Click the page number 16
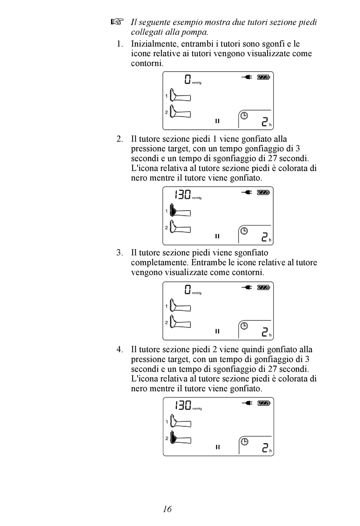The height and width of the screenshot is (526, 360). [x=167, y=509]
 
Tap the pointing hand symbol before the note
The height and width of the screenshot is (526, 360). [x=117, y=22]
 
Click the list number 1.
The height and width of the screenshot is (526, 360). [x=120, y=44]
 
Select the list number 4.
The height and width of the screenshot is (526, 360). [x=120, y=349]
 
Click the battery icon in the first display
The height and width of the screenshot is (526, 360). [x=263, y=77]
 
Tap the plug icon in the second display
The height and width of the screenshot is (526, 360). [x=247, y=193]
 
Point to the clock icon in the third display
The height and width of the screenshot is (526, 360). [x=244, y=325]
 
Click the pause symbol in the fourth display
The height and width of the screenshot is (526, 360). [x=218, y=447]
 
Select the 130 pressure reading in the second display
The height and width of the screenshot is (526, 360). [x=183, y=195]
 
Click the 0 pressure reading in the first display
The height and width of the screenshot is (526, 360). [x=188, y=79]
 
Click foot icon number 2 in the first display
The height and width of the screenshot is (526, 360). [x=180, y=112]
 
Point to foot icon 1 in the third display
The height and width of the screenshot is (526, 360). [x=180, y=306]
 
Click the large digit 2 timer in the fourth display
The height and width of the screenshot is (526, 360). [x=266, y=448]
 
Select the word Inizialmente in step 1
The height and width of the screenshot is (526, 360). [x=153, y=44]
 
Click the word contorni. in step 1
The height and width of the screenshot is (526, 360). [x=147, y=63]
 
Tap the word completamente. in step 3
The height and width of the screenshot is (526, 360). [x=160, y=262]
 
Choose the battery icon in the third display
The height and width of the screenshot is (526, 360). [x=263, y=287]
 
